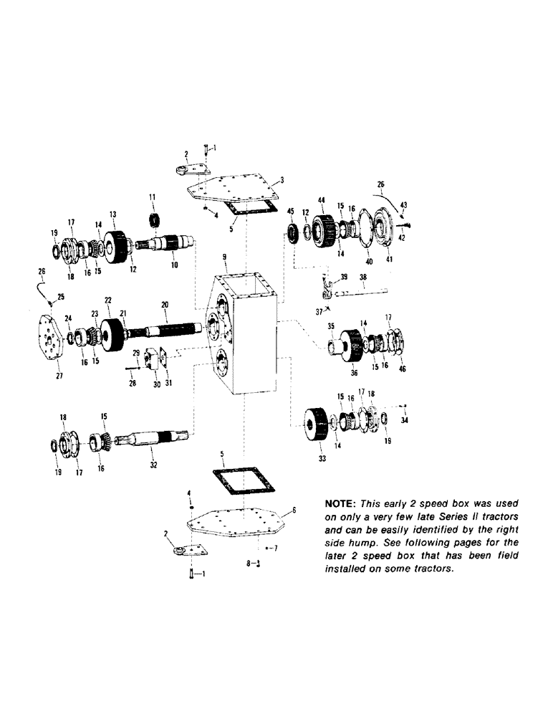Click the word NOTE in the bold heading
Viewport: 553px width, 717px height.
[x=327, y=502]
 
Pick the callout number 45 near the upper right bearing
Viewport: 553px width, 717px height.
[x=290, y=211]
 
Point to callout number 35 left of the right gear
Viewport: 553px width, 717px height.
[x=332, y=326]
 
